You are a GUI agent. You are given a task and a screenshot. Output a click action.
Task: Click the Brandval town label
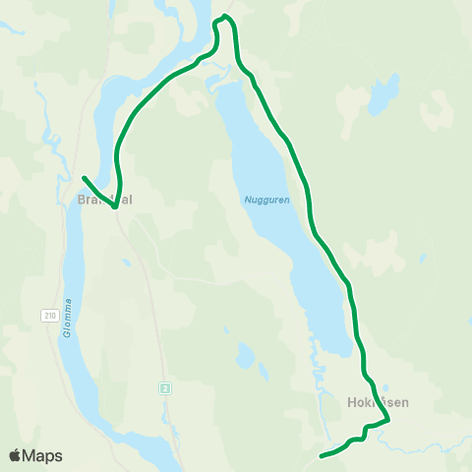104,199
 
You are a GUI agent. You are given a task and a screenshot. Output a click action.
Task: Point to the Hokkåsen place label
378,402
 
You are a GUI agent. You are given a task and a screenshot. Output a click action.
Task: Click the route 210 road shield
49,315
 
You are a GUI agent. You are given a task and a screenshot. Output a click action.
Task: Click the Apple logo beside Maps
15,455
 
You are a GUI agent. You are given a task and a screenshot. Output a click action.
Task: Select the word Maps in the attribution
42,456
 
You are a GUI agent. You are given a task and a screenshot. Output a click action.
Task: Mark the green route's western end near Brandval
84,178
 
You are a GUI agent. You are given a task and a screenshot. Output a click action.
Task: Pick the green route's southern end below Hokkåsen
323,456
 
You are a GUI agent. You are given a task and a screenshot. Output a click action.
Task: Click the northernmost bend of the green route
226,16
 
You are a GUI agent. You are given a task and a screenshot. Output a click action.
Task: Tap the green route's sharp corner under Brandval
115,207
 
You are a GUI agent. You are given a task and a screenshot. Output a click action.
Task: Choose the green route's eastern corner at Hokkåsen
388,421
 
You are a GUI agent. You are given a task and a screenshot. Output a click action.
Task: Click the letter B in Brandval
80,199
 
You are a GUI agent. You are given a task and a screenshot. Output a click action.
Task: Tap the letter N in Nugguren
247,200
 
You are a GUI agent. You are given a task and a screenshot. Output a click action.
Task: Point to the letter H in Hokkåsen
351,402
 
